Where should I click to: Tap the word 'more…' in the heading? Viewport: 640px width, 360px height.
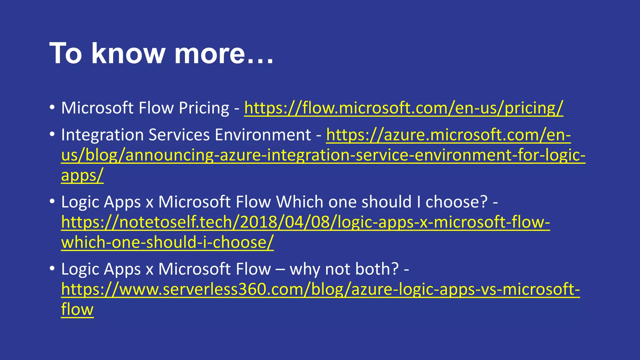pos(224,53)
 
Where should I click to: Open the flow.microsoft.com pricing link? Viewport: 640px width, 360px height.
pos(403,108)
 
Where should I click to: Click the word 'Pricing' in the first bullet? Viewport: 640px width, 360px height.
pos(204,108)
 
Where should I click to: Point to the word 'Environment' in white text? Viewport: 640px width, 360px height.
pos(263,135)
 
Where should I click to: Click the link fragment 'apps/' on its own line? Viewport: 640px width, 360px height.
pos(82,175)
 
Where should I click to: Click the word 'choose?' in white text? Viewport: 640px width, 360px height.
pos(457,202)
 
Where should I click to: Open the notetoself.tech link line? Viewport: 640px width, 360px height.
pos(305,222)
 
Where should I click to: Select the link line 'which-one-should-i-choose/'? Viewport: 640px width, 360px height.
pos(167,242)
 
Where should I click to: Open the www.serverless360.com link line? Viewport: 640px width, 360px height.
pos(320,289)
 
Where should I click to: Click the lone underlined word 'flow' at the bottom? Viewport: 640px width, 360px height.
pos(77,309)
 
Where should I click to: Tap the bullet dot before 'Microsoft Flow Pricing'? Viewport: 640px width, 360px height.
pos(52,107)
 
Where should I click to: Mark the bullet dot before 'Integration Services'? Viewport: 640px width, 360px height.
pos(52,134)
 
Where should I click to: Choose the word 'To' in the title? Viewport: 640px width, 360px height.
pos(66,53)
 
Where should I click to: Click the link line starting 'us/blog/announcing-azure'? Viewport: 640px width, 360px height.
pos(323,155)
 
